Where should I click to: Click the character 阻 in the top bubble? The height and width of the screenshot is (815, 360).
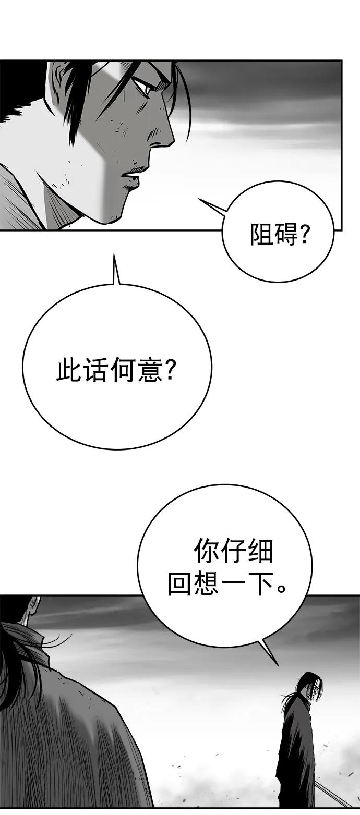click(261, 234)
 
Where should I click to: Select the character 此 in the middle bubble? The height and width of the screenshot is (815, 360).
click(68, 370)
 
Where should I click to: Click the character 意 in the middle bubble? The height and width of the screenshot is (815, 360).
click(150, 370)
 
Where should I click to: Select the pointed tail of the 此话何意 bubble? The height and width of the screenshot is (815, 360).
click(115, 267)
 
